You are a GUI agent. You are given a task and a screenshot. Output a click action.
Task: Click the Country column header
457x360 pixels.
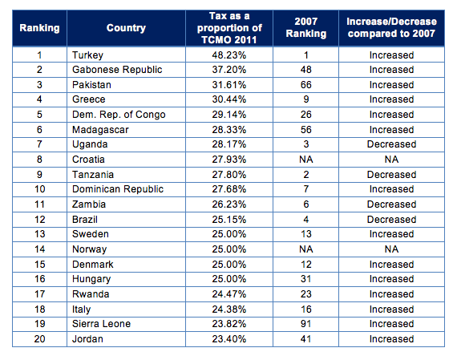(126, 28)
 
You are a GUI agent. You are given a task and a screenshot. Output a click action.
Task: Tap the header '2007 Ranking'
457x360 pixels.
(305, 28)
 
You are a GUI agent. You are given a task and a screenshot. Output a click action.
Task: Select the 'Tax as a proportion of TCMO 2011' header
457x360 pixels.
(229, 28)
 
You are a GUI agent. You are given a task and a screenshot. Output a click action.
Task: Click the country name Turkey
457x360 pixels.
(87, 55)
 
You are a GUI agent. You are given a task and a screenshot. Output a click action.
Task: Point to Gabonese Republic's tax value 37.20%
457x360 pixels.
(229, 70)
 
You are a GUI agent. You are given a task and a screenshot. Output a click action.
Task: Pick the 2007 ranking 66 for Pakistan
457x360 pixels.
(306, 85)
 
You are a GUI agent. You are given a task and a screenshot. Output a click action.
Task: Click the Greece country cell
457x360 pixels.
(89, 99)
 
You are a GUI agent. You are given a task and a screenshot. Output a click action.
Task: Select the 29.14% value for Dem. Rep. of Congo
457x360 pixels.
(229, 115)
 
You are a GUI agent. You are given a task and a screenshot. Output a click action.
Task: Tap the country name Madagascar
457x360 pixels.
(100, 130)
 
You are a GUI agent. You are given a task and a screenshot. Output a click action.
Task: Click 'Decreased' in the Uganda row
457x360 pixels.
(391, 144)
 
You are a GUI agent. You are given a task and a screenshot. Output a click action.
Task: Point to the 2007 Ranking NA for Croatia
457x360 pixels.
(306, 160)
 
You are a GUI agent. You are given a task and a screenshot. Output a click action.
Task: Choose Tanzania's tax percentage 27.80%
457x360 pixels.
(229, 175)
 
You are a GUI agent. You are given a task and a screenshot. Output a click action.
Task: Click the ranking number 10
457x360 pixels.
(39, 189)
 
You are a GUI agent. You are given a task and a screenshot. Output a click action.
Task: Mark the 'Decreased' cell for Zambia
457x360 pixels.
(391, 204)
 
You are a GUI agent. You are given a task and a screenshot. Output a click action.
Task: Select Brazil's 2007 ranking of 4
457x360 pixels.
(306, 220)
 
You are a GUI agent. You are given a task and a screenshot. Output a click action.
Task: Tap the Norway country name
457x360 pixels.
(89, 249)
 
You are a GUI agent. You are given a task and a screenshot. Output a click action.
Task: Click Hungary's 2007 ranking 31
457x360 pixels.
(306, 279)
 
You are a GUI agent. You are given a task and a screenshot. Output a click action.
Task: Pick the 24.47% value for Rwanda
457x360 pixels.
(229, 294)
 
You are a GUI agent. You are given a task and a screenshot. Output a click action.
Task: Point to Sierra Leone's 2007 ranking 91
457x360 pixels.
(306, 324)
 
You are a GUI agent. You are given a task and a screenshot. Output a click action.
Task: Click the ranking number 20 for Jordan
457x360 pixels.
(39, 339)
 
